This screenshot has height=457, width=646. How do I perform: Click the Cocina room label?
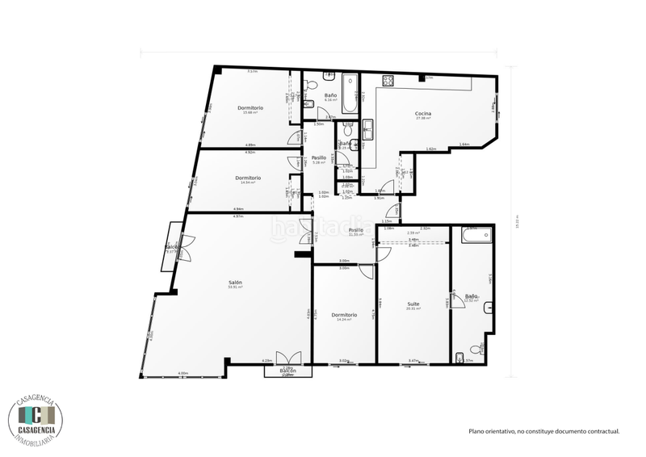point(423,113)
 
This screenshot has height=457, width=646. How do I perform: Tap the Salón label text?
point(235,282)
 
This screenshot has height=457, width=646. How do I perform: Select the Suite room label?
point(413,304)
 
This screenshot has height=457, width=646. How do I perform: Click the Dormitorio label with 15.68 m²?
point(250,107)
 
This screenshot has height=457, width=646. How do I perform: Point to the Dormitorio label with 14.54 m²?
point(248,178)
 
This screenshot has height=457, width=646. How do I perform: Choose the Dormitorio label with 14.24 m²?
point(344,315)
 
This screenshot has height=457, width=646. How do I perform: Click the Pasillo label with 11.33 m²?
point(356,230)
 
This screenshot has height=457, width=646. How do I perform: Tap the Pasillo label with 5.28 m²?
point(319,157)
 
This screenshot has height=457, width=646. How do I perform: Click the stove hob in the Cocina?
point(388,81)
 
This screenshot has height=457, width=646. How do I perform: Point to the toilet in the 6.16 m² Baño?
point(329,75)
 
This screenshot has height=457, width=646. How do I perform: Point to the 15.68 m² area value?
point(250,112)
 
